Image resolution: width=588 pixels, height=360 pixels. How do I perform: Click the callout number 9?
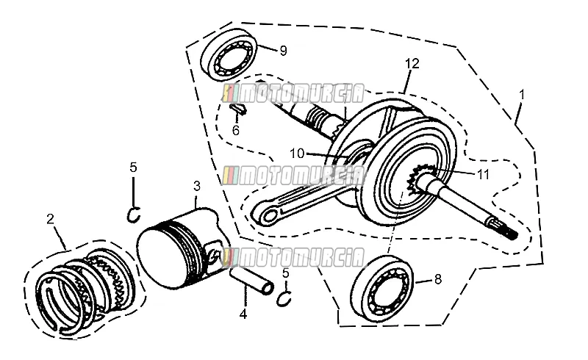(284, 50)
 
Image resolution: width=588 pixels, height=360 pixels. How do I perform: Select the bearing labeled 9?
(230, 54)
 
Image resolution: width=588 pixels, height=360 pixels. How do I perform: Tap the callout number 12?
(412, 63)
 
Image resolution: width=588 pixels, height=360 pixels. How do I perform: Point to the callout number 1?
(521, 95)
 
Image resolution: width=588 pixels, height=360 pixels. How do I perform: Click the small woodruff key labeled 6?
(238, 108)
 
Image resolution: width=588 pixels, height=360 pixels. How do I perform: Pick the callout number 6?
(235, 131)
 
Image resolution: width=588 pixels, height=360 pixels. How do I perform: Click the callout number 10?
(297, 154)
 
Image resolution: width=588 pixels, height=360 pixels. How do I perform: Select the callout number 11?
(484, 173)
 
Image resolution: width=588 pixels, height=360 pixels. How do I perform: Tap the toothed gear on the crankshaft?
(419, 180)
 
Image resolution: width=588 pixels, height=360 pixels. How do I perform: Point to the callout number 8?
(438, 279)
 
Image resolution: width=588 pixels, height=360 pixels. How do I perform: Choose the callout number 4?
(243, 314)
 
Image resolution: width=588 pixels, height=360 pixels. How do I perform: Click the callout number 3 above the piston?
(197, 186)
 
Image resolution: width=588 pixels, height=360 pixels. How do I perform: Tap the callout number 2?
(50, 219)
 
